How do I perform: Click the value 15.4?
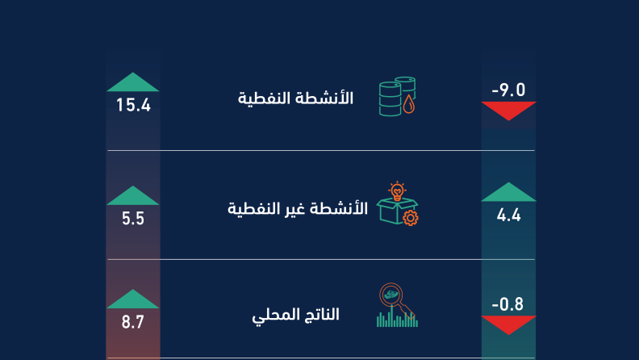point(133,105)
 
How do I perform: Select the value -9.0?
point(508,90)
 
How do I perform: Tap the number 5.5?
point(133,219)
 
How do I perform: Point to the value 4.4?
point(508,215)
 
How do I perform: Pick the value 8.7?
point(133,322)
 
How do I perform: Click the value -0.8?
point(507,304)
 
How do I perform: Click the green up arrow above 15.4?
point(133,82)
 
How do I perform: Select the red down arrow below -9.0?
point(508,111)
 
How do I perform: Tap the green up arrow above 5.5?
point(133,195)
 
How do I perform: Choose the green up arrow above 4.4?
point(508,191)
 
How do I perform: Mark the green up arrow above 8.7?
point(133,299)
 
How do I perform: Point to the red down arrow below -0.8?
point(508,325)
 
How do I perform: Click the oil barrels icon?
point(397,96)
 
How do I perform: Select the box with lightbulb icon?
point(397,203)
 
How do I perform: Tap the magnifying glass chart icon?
point(397,305)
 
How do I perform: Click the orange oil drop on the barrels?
point(409,105)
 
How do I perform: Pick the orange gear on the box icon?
point(411,218)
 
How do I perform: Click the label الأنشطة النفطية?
point(295,98)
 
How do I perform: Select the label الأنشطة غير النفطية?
point(298,208)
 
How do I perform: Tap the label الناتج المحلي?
point(295,315)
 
